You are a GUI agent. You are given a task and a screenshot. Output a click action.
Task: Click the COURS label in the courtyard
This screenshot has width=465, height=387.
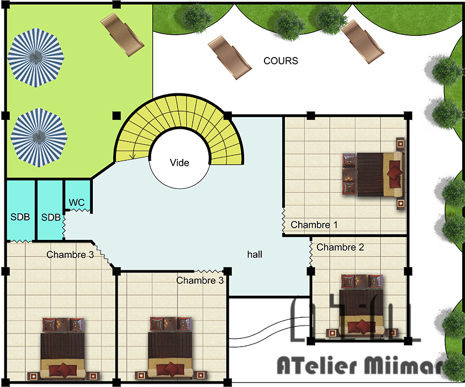281,61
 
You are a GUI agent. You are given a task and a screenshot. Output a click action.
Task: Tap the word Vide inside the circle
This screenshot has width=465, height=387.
179,163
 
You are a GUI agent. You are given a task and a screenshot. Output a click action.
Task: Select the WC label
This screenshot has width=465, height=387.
77,203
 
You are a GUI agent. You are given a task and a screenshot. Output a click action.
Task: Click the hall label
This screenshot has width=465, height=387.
255,254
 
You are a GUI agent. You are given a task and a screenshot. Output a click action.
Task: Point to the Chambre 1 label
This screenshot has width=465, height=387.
314,224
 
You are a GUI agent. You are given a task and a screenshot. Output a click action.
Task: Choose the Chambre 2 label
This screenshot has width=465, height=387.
340,247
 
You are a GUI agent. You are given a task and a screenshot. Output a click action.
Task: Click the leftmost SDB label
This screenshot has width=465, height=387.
20,217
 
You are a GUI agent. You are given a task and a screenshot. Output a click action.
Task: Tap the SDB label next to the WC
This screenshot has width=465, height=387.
51,217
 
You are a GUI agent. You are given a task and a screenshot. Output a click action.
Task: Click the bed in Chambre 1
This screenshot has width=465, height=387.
373,174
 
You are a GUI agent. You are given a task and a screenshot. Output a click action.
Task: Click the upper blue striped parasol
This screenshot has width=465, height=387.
36,57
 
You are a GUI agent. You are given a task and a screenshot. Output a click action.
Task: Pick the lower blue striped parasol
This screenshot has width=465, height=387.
39,138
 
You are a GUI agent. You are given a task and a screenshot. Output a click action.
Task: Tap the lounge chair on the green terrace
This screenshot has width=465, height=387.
122,35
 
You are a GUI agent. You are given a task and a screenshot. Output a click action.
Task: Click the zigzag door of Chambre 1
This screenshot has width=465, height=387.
283,220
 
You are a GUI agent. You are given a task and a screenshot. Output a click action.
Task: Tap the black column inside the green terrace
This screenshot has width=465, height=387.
117,116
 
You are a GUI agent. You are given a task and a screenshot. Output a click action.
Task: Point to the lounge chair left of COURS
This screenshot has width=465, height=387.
230,57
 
